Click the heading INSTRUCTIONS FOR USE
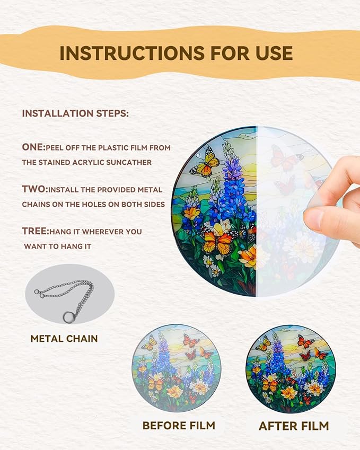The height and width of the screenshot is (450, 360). point(176,53)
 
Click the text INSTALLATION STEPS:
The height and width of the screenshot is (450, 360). point(75,113)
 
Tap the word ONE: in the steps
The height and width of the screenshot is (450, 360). point(33,147)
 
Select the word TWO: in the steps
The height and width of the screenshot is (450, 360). point(35,189)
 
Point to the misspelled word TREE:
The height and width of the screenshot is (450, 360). point(36,231)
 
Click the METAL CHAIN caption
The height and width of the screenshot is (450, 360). point(64,339)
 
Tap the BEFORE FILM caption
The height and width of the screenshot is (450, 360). point(179,425)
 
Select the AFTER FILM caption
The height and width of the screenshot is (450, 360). point(294,426)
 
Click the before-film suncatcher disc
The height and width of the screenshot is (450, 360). point(176,368)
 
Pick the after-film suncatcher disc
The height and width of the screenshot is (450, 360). point(291,369)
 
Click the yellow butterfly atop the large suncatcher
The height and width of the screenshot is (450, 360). point(205,162)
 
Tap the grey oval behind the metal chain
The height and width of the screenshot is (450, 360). point(70,294)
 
